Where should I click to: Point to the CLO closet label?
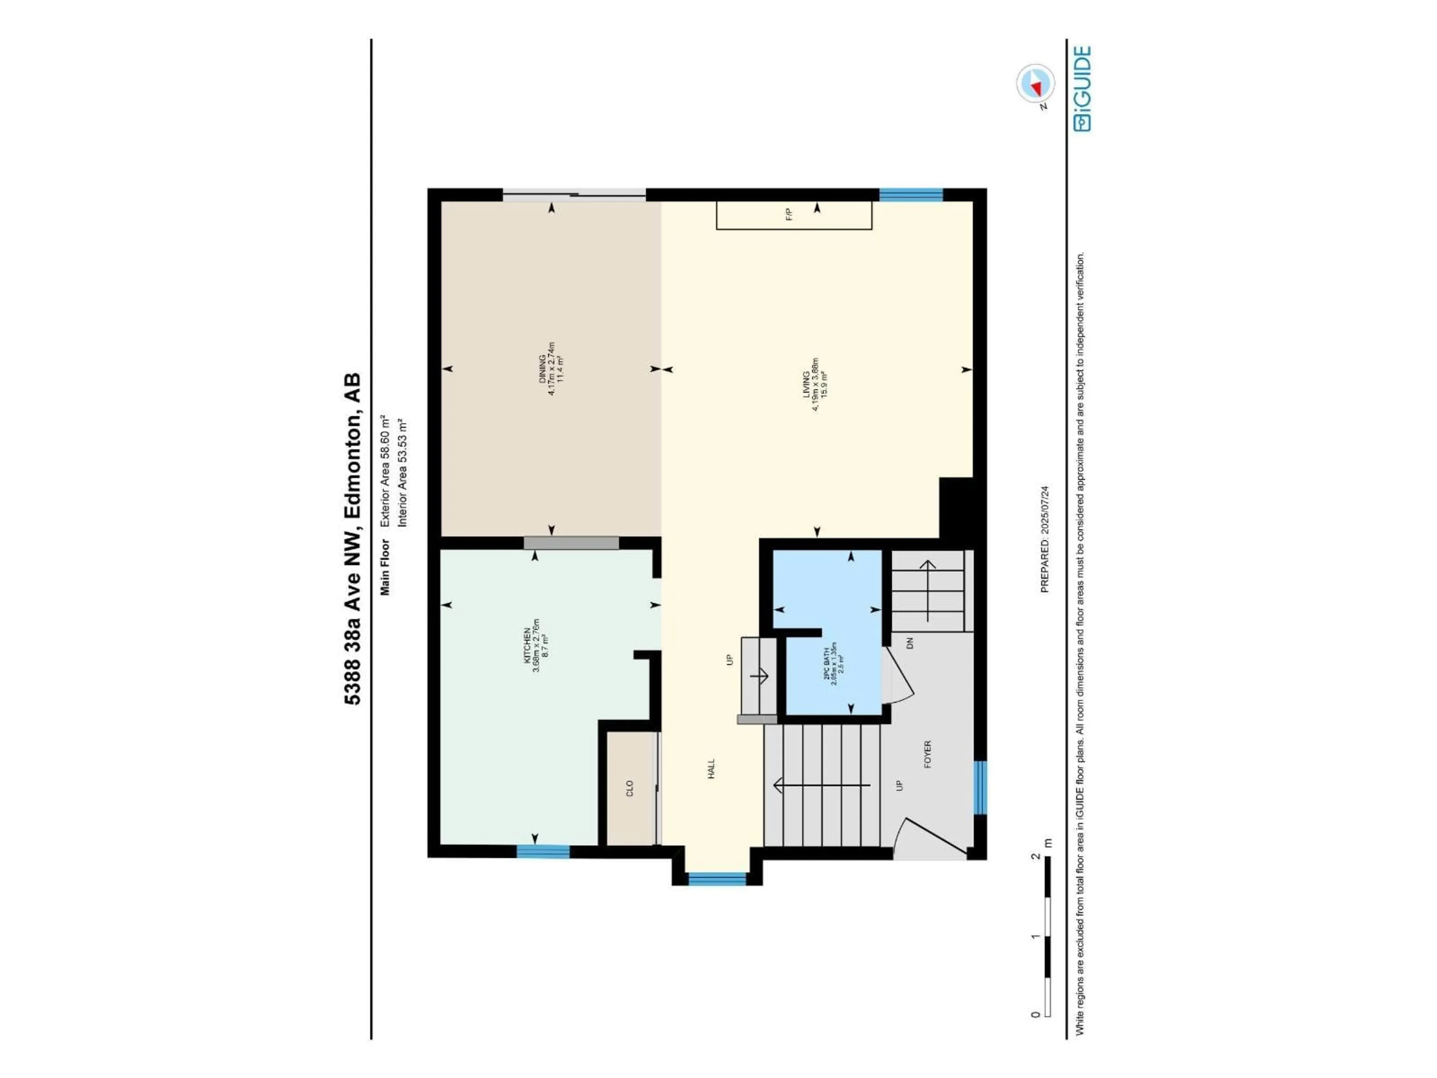point(629,788)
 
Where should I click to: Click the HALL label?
point(711,769)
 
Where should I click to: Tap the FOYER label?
point(927,754)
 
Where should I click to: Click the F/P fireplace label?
point(789,214)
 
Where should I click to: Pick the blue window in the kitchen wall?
point(543,851)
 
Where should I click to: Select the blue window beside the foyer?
point(980,788)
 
